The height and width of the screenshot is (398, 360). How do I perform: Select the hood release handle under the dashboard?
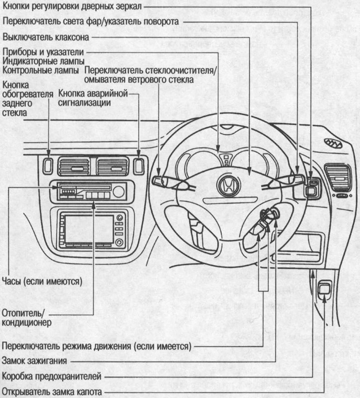coord(325,288)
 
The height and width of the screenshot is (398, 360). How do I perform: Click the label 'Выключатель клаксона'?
coord(46,38)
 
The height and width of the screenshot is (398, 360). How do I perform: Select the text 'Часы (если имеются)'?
coord(42,281)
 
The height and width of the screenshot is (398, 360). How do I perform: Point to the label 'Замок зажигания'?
coord(35,360)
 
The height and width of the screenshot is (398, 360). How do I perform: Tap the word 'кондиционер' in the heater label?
coord(27,322)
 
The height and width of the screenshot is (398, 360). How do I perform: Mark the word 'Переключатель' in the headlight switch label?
coord(33,22)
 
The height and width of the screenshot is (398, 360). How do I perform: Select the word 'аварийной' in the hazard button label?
coord(107,94)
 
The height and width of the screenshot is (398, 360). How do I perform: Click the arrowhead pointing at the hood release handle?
coord(325,298)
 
